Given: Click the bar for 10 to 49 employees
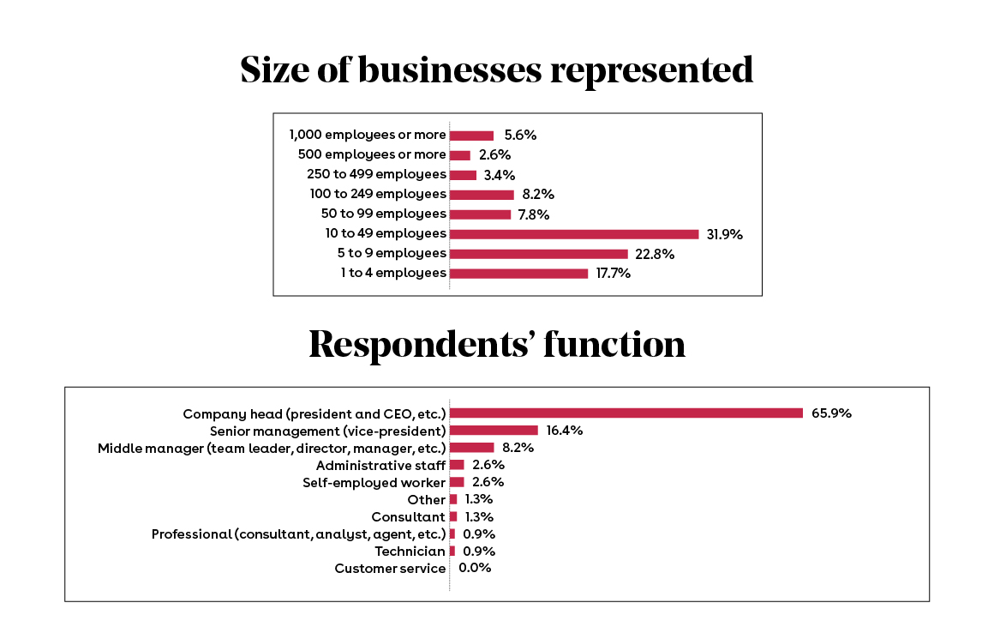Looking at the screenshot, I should (574, 234).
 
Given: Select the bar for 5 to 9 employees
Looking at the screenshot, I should (538, 254).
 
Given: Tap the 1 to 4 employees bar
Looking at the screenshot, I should (518, 274).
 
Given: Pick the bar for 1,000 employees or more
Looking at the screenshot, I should (471, 136).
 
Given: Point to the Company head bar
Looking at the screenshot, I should (626, 413).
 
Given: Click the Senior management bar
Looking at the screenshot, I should (494, 431).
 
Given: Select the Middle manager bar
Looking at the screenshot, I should (472, 448).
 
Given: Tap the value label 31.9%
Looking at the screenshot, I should (724, 234).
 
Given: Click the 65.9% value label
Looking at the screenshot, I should (831, 413).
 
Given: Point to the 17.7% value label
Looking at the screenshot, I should (614, 274).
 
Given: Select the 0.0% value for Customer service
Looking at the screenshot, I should (475, 568).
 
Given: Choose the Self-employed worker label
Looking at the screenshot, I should (374, 482).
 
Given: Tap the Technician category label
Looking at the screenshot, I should (410, 551).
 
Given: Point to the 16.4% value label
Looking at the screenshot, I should (565, 431).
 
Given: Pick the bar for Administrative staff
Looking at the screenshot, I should (457, 465).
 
